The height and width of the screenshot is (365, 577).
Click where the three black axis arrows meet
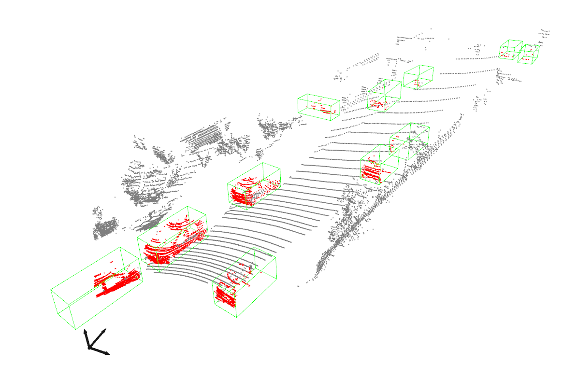89,347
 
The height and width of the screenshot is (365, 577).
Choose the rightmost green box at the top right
529,54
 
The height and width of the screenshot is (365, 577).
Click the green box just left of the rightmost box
510,49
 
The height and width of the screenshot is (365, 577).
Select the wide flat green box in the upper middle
318,107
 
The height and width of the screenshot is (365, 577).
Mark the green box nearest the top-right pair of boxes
418,77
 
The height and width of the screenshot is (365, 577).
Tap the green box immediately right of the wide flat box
385,95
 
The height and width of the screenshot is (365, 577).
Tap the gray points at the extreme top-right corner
545,32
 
